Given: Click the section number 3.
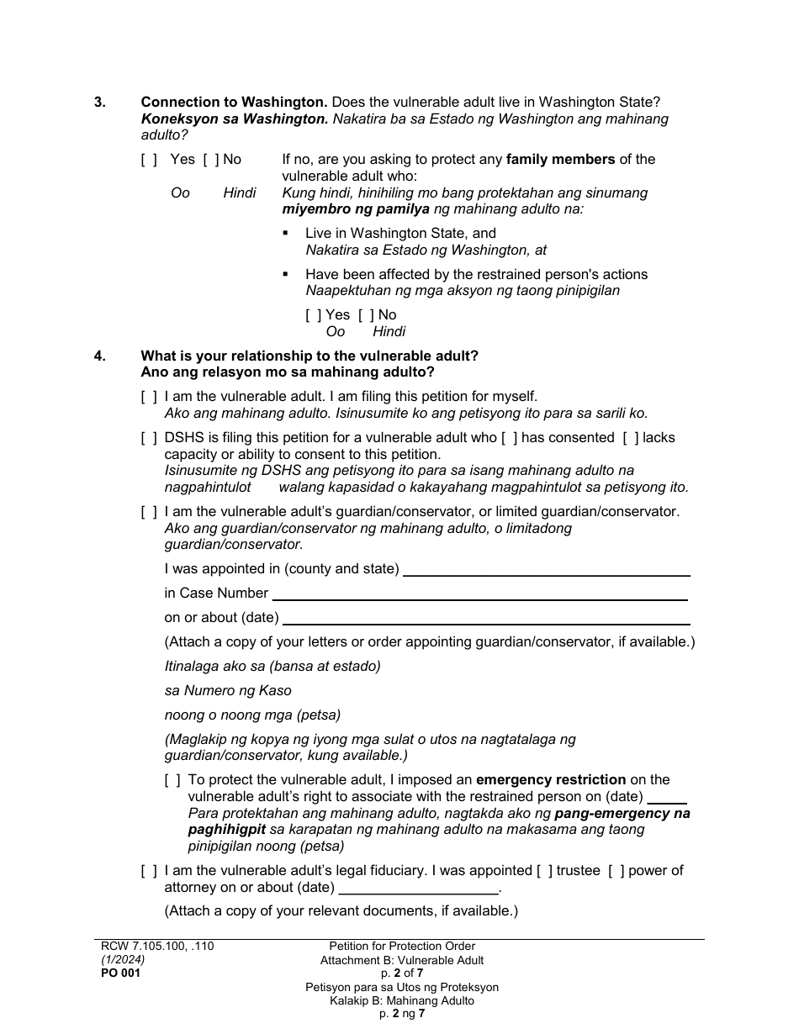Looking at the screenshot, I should (x=99, y=103).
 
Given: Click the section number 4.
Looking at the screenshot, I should (x=99, y=356).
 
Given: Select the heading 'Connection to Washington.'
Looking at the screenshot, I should (x=234, y=103).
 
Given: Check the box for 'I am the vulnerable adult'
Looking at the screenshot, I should (x=149, y=397).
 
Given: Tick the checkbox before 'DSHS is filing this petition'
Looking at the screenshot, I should (x=149, y=438).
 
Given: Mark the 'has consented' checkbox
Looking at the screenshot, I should (x=509, y=438).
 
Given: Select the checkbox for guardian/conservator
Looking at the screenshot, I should (x=149, y=512).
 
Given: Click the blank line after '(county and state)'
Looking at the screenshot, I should (x=546, y=569).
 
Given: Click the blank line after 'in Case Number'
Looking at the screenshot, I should (x=479, y=593).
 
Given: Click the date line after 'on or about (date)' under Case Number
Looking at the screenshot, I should (x=486, y=618).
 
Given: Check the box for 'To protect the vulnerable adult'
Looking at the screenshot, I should (x=172, y=780).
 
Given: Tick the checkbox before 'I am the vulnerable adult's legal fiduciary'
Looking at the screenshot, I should (x=149, y=871).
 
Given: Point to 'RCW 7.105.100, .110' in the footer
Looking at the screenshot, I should (x=157, y=947).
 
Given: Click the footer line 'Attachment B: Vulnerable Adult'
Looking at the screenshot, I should (x=402, y=960).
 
